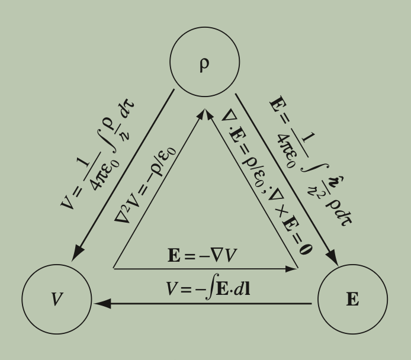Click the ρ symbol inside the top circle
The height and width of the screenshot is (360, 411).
[205, 64]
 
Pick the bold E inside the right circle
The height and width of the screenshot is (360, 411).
[352, 300]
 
